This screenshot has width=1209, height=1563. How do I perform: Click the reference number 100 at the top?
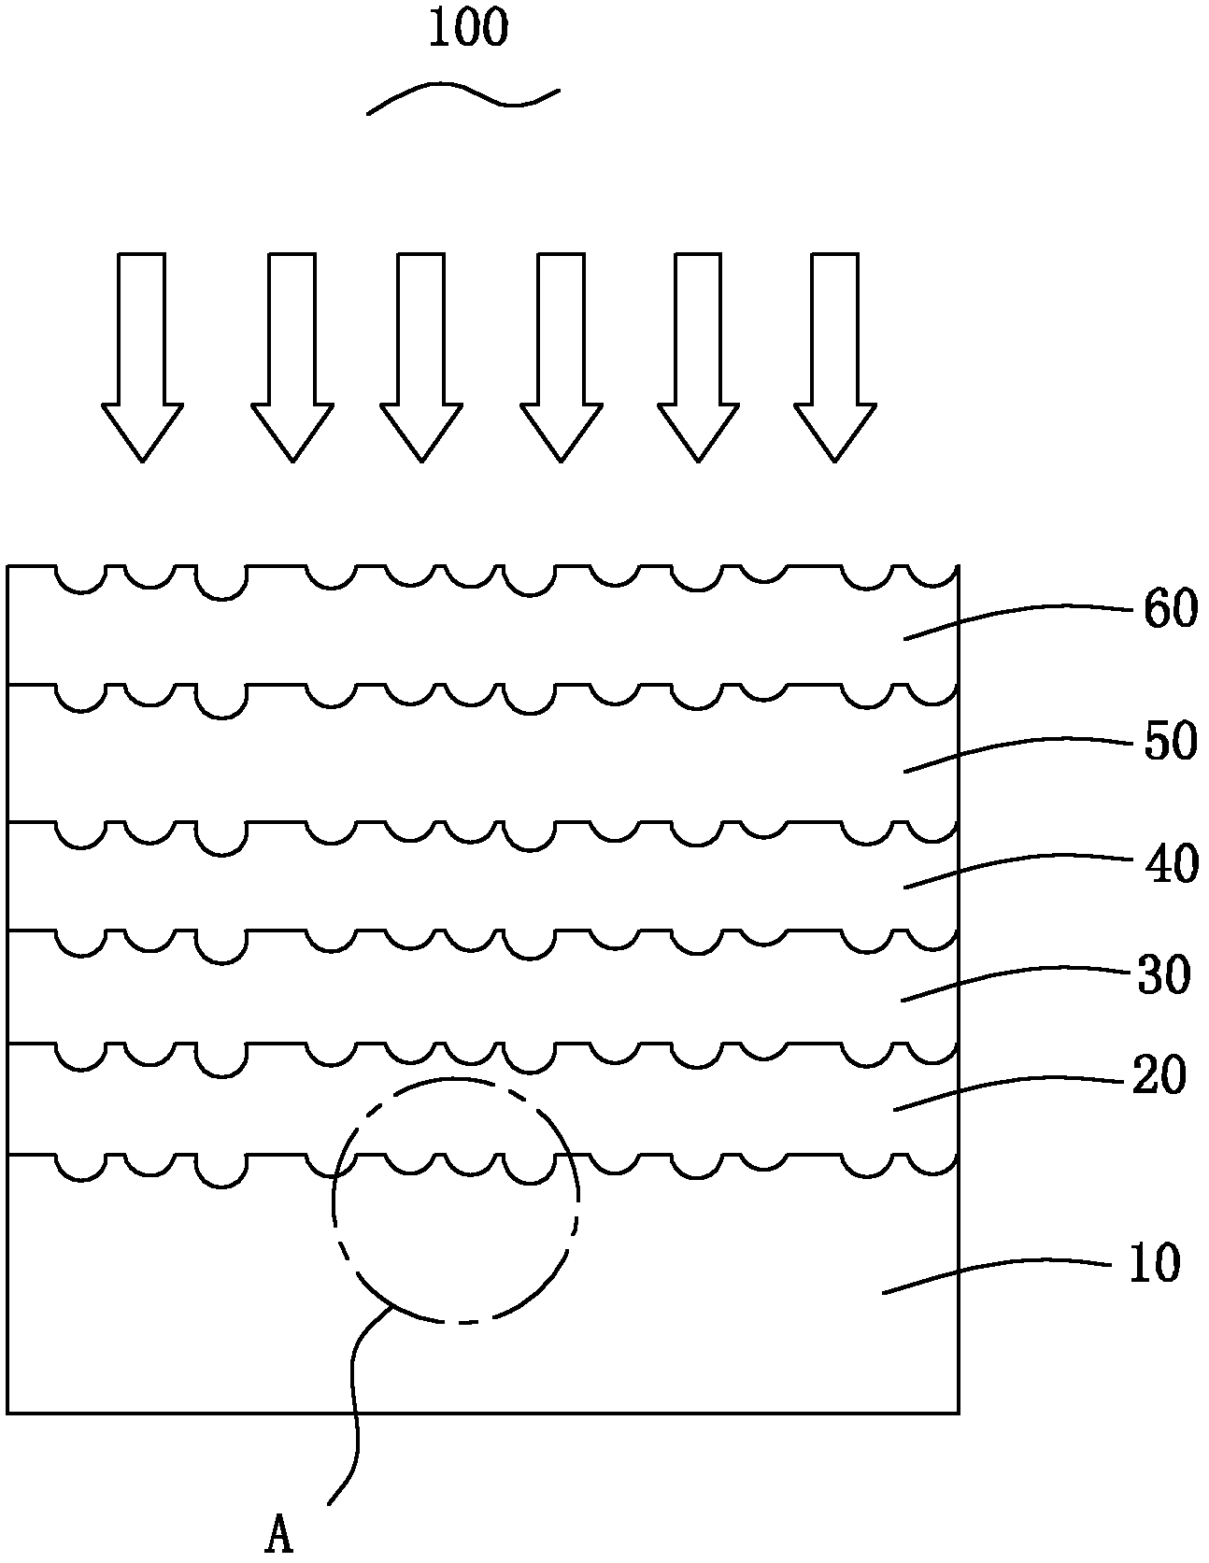pos(468,28)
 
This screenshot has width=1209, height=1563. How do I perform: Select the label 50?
pos(1170,743)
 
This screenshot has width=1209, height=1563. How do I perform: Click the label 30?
pos(1163,976)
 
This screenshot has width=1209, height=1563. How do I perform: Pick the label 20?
pos(1159,1076)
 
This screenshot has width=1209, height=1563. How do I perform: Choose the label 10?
pos(1155,1264)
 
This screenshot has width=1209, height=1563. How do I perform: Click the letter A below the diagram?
pos(279,1535)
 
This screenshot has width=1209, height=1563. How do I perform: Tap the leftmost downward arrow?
pos(142,357)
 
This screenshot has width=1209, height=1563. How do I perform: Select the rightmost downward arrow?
pos(835,357)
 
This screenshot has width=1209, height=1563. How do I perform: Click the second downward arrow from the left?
pos(292,357)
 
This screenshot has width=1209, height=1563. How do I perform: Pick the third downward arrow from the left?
pos(421,357)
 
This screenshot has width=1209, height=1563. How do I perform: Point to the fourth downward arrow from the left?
pos(561,357)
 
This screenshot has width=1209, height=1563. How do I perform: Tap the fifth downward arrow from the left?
pos(698,357)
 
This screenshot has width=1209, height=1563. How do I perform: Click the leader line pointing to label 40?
pos(1018,864)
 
